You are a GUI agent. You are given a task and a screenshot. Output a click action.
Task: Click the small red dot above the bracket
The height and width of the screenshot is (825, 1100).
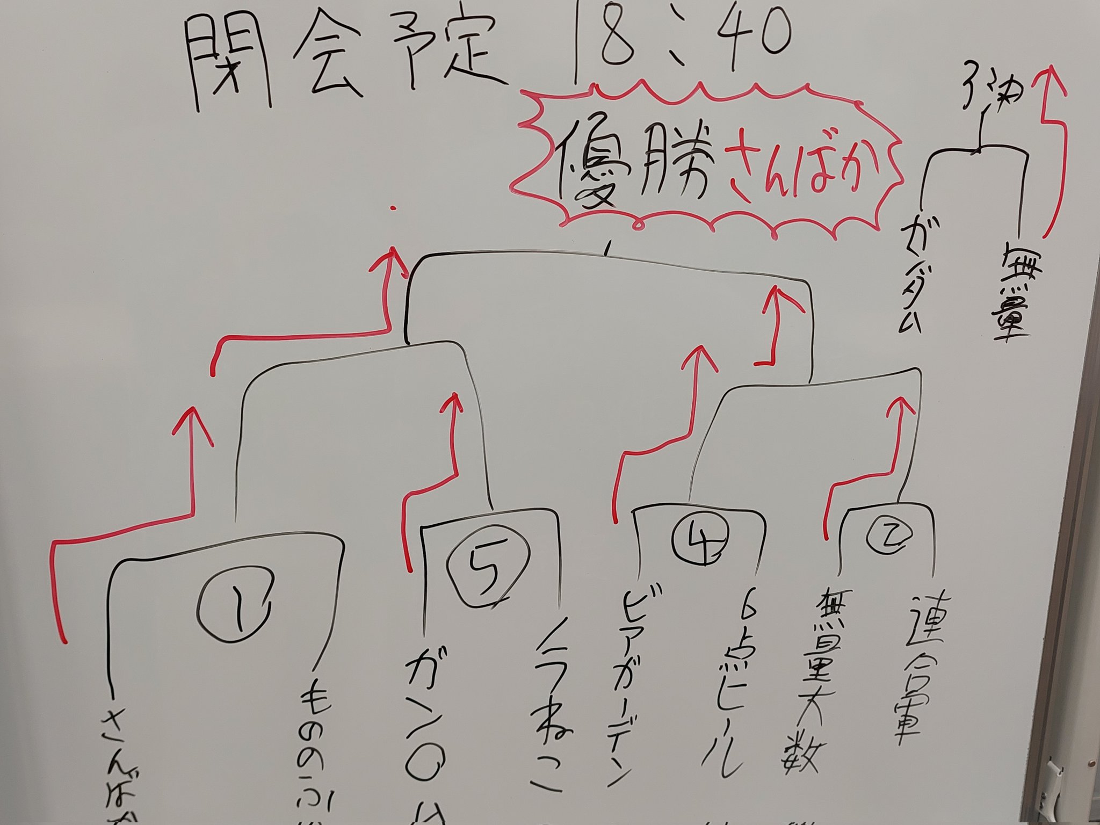tap(394, 208)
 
